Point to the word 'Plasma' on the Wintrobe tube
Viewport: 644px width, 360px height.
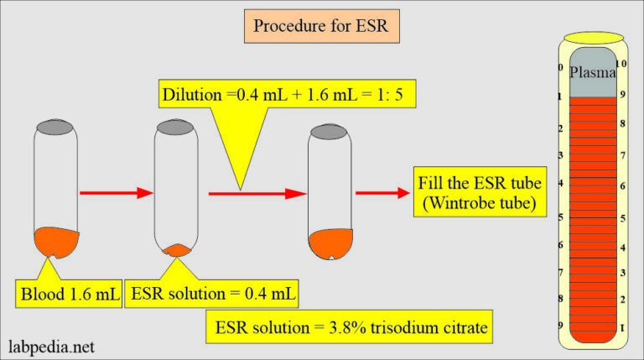pyautogui.click(x=592, y=73)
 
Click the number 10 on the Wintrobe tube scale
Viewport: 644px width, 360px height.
pyautogui.click(x=621, y=64)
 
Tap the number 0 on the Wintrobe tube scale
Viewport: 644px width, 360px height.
pyautogui.click(x=560, y=67)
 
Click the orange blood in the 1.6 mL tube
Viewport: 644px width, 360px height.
pyautogui.click(x=58, y=241)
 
